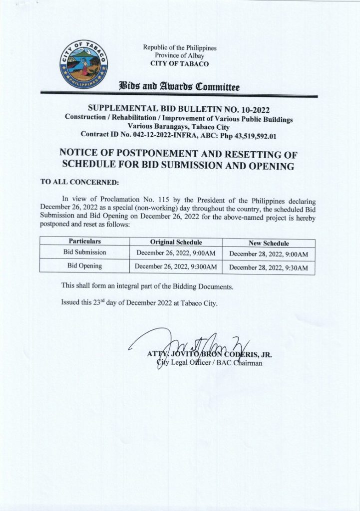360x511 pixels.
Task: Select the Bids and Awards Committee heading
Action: click(x=180, y=86)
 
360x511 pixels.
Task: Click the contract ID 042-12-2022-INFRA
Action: click(x=154, y=134)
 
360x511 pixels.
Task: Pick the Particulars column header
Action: click(x=84, y=241)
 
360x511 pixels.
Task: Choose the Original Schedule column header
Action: click(x=175, y=242)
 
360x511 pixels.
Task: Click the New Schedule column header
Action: click(x=268, y=243)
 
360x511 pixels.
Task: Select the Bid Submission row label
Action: click(x=84, y=253)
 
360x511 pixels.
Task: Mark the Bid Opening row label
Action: click(x=84, y=266)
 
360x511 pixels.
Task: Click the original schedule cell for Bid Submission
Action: click(x=175, y=254)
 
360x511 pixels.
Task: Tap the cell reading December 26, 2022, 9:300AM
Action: click(x=175, y=267)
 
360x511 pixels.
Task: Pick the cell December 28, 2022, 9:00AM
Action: click(x=268, y=255)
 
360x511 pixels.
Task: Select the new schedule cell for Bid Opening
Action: click(x=268, y=268)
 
